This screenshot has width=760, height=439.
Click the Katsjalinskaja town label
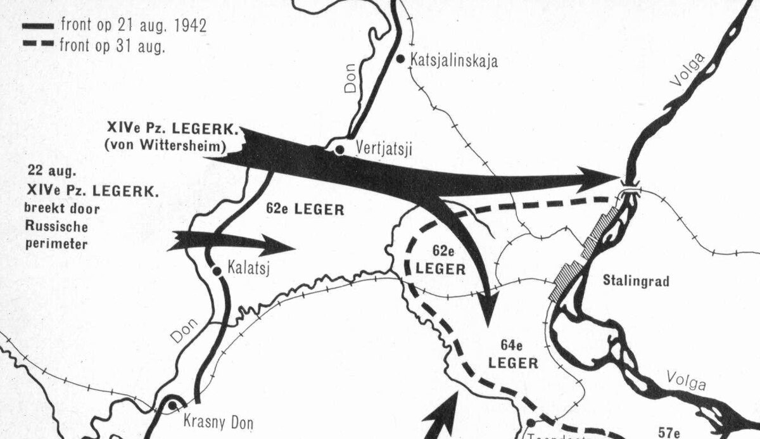point(454,61)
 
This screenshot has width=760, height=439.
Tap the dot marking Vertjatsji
point(340,150)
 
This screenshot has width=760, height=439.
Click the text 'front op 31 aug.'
point(113,45)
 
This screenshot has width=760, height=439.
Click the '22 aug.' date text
point(49,170)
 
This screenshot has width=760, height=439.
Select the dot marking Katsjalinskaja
point(401,58)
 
